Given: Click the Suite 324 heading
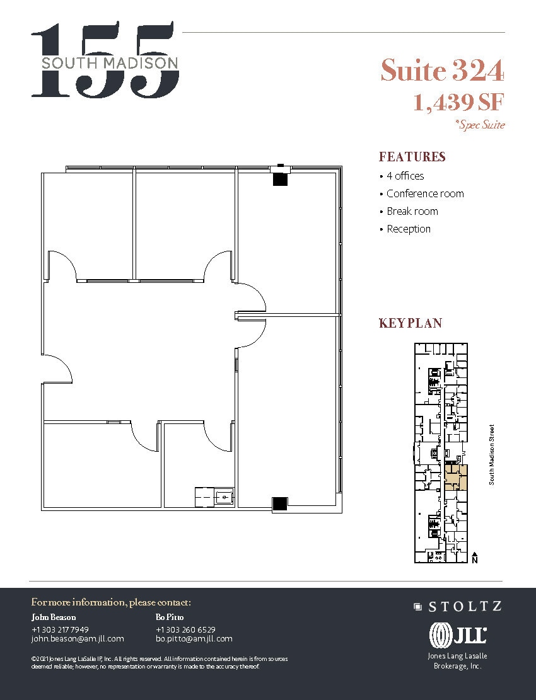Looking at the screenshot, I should click(442, 71).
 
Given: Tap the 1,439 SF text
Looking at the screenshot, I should click(458, 101).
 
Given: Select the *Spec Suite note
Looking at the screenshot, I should click(479, 125).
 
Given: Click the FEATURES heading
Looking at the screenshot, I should click(412, 157).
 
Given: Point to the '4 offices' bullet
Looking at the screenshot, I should click(405, 176).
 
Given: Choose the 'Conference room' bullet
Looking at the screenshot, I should click(424, 193).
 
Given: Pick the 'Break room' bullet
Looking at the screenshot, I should click(412, 211).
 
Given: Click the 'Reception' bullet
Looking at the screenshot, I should click(408, 229).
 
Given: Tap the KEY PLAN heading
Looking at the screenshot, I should click(410, 323).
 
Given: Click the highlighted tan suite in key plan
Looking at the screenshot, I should click(455, 477).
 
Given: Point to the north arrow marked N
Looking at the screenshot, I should click(474, 558).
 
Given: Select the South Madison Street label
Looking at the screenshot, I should click(492, 454).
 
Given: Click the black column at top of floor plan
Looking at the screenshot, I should click(280, 179).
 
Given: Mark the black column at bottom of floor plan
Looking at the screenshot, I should click(279, 503).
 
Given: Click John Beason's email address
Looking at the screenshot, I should click(78, 638).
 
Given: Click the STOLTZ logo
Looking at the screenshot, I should click(458, 607).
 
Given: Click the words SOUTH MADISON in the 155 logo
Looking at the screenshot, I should click(110, 62).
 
